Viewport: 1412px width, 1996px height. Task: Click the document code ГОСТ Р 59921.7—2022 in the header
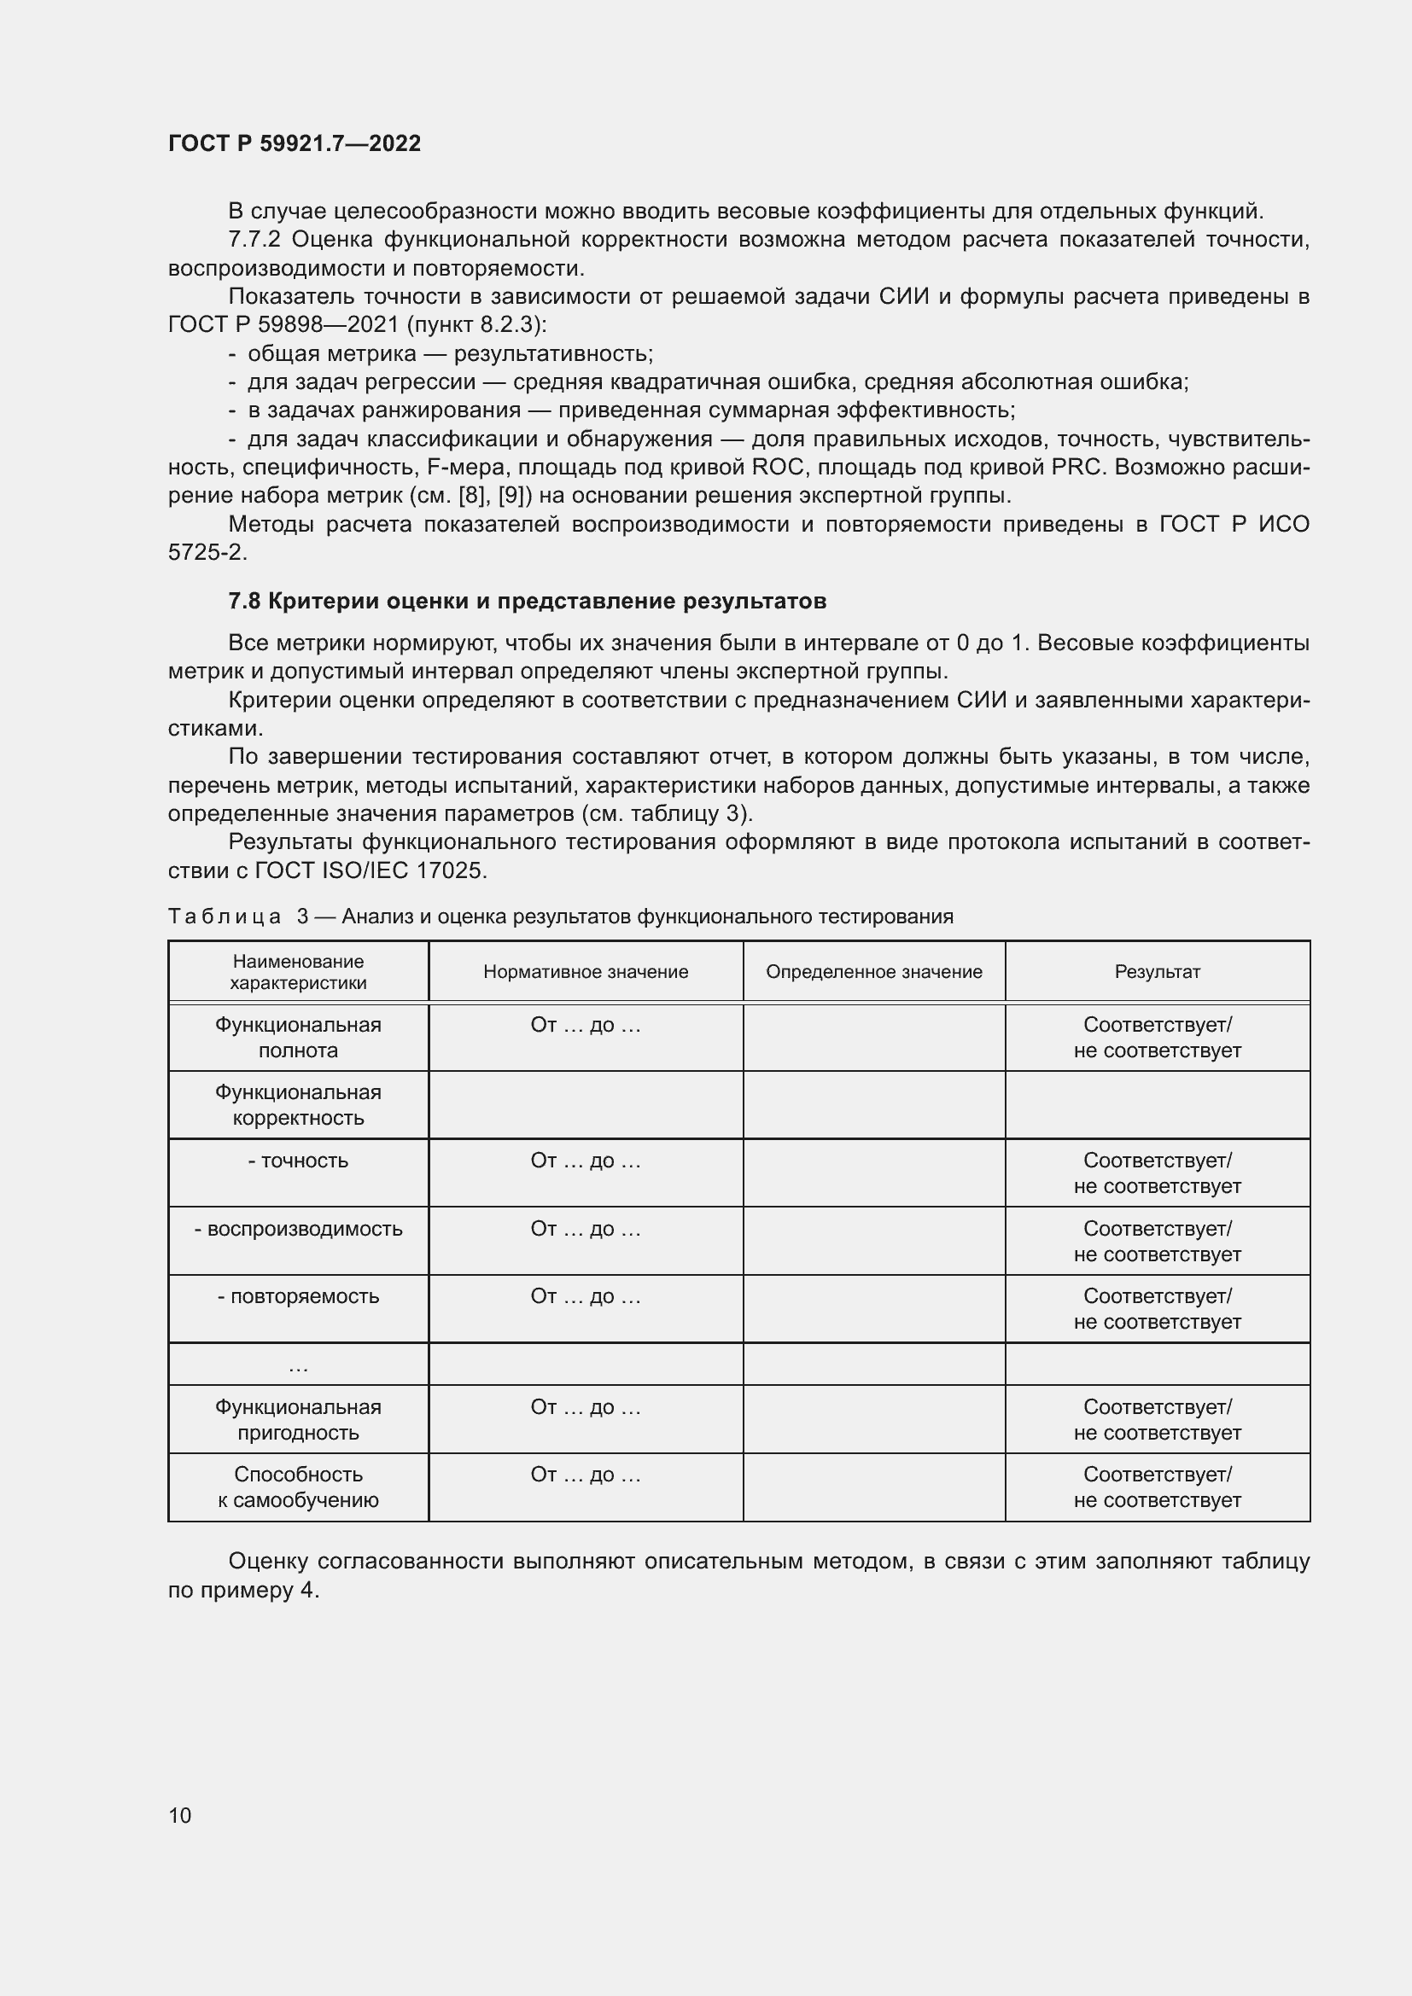coord(294,143)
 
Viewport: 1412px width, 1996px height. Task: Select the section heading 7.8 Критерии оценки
coord(526,601)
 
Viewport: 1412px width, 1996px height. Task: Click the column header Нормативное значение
coord(585,972)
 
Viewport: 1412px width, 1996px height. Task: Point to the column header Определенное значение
coord(874,972)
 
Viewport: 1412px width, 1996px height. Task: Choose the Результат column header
coord(1157,972)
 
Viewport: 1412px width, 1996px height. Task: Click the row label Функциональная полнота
coord(298,1037)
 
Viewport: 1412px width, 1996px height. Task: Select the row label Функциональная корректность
coord(298,1105)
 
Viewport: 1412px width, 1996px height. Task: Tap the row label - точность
coord(298,1161)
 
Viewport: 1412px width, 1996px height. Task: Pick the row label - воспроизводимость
coord(298,1228)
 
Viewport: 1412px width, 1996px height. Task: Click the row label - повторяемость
coord(298,1296)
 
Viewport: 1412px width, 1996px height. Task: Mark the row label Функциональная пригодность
coord(298,1420)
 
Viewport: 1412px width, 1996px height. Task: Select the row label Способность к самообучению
coord(298,1487)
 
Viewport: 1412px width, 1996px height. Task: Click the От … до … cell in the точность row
coord(585,1161)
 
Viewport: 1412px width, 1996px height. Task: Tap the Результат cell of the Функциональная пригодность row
coord(1157,1420)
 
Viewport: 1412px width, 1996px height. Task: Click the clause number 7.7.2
coord(254,240)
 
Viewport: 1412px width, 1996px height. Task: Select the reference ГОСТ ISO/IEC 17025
coord(371,870)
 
